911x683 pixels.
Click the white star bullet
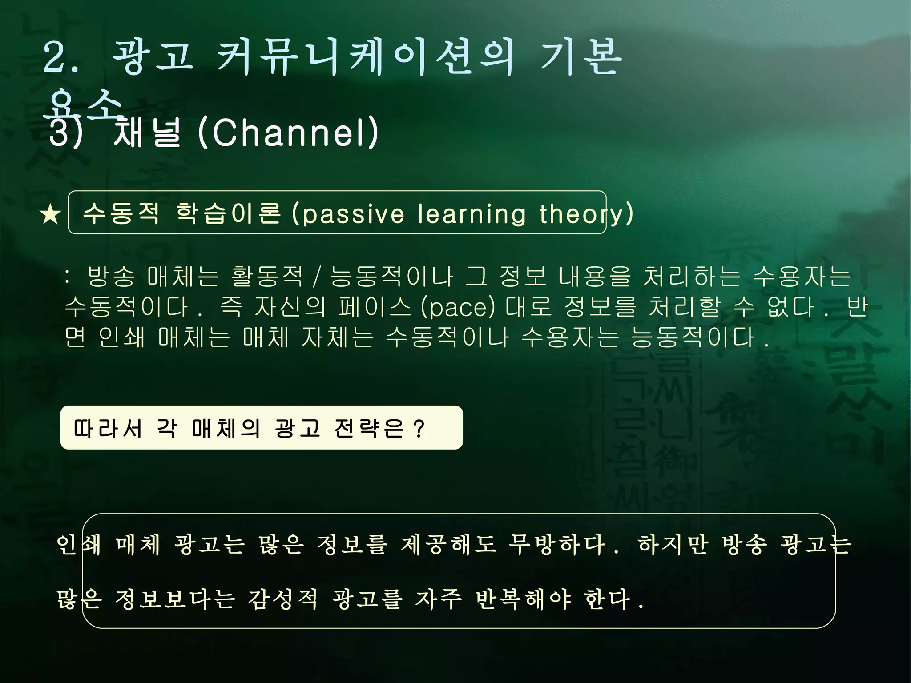(50, 215)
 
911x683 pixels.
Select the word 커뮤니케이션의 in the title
(365, 58)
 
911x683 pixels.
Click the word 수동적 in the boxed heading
(121, 213)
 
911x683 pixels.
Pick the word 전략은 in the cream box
(369, 429)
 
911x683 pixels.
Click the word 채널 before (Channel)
(147, 133)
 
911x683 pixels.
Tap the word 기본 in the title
(580, 58)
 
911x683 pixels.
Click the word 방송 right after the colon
(111, 277)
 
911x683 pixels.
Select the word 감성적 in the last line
(283, 599)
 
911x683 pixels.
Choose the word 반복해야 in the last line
(523, 599)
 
